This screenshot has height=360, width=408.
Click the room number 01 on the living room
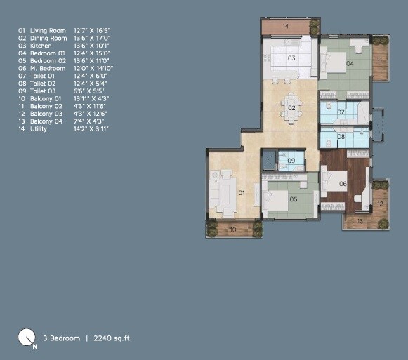(x=240, y=192)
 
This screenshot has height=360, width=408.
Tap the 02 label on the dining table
(x=291, y=108)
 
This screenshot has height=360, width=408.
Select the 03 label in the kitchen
(x=291, y=58)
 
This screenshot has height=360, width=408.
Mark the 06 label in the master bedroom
(x=343, y=184)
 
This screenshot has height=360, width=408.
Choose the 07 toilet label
(x=341, y=112)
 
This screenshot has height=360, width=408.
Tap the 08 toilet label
(x=341, y=137)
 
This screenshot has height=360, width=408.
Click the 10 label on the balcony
(x=233, y=229)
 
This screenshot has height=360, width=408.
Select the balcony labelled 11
(x=380, y=60)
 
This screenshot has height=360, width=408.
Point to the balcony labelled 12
(x=380, y=204)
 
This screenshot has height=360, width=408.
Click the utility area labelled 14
(x=285, y=26)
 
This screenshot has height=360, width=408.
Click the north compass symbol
(x=27, y=339)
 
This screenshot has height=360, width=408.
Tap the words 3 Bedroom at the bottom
(x=61, y=338)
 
